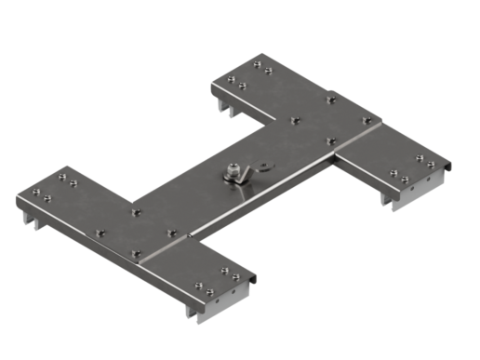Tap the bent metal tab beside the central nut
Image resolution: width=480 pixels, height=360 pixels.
(x=260, y=167)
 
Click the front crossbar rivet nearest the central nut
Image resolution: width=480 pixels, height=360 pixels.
(x=170, y=233)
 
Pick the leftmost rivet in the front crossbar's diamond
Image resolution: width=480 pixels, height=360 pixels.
(x=100, y=233)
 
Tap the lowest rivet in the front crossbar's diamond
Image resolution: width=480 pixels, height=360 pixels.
(x=137, y=252)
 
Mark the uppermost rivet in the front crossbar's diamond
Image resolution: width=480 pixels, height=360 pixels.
(x=136, y=213)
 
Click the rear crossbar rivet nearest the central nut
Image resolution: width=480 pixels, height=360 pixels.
(x=295, y=120)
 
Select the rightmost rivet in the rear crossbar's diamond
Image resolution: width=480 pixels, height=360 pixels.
(x=366, y=120)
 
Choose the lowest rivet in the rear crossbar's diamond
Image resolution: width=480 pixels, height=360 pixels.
(x=330, y=141)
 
